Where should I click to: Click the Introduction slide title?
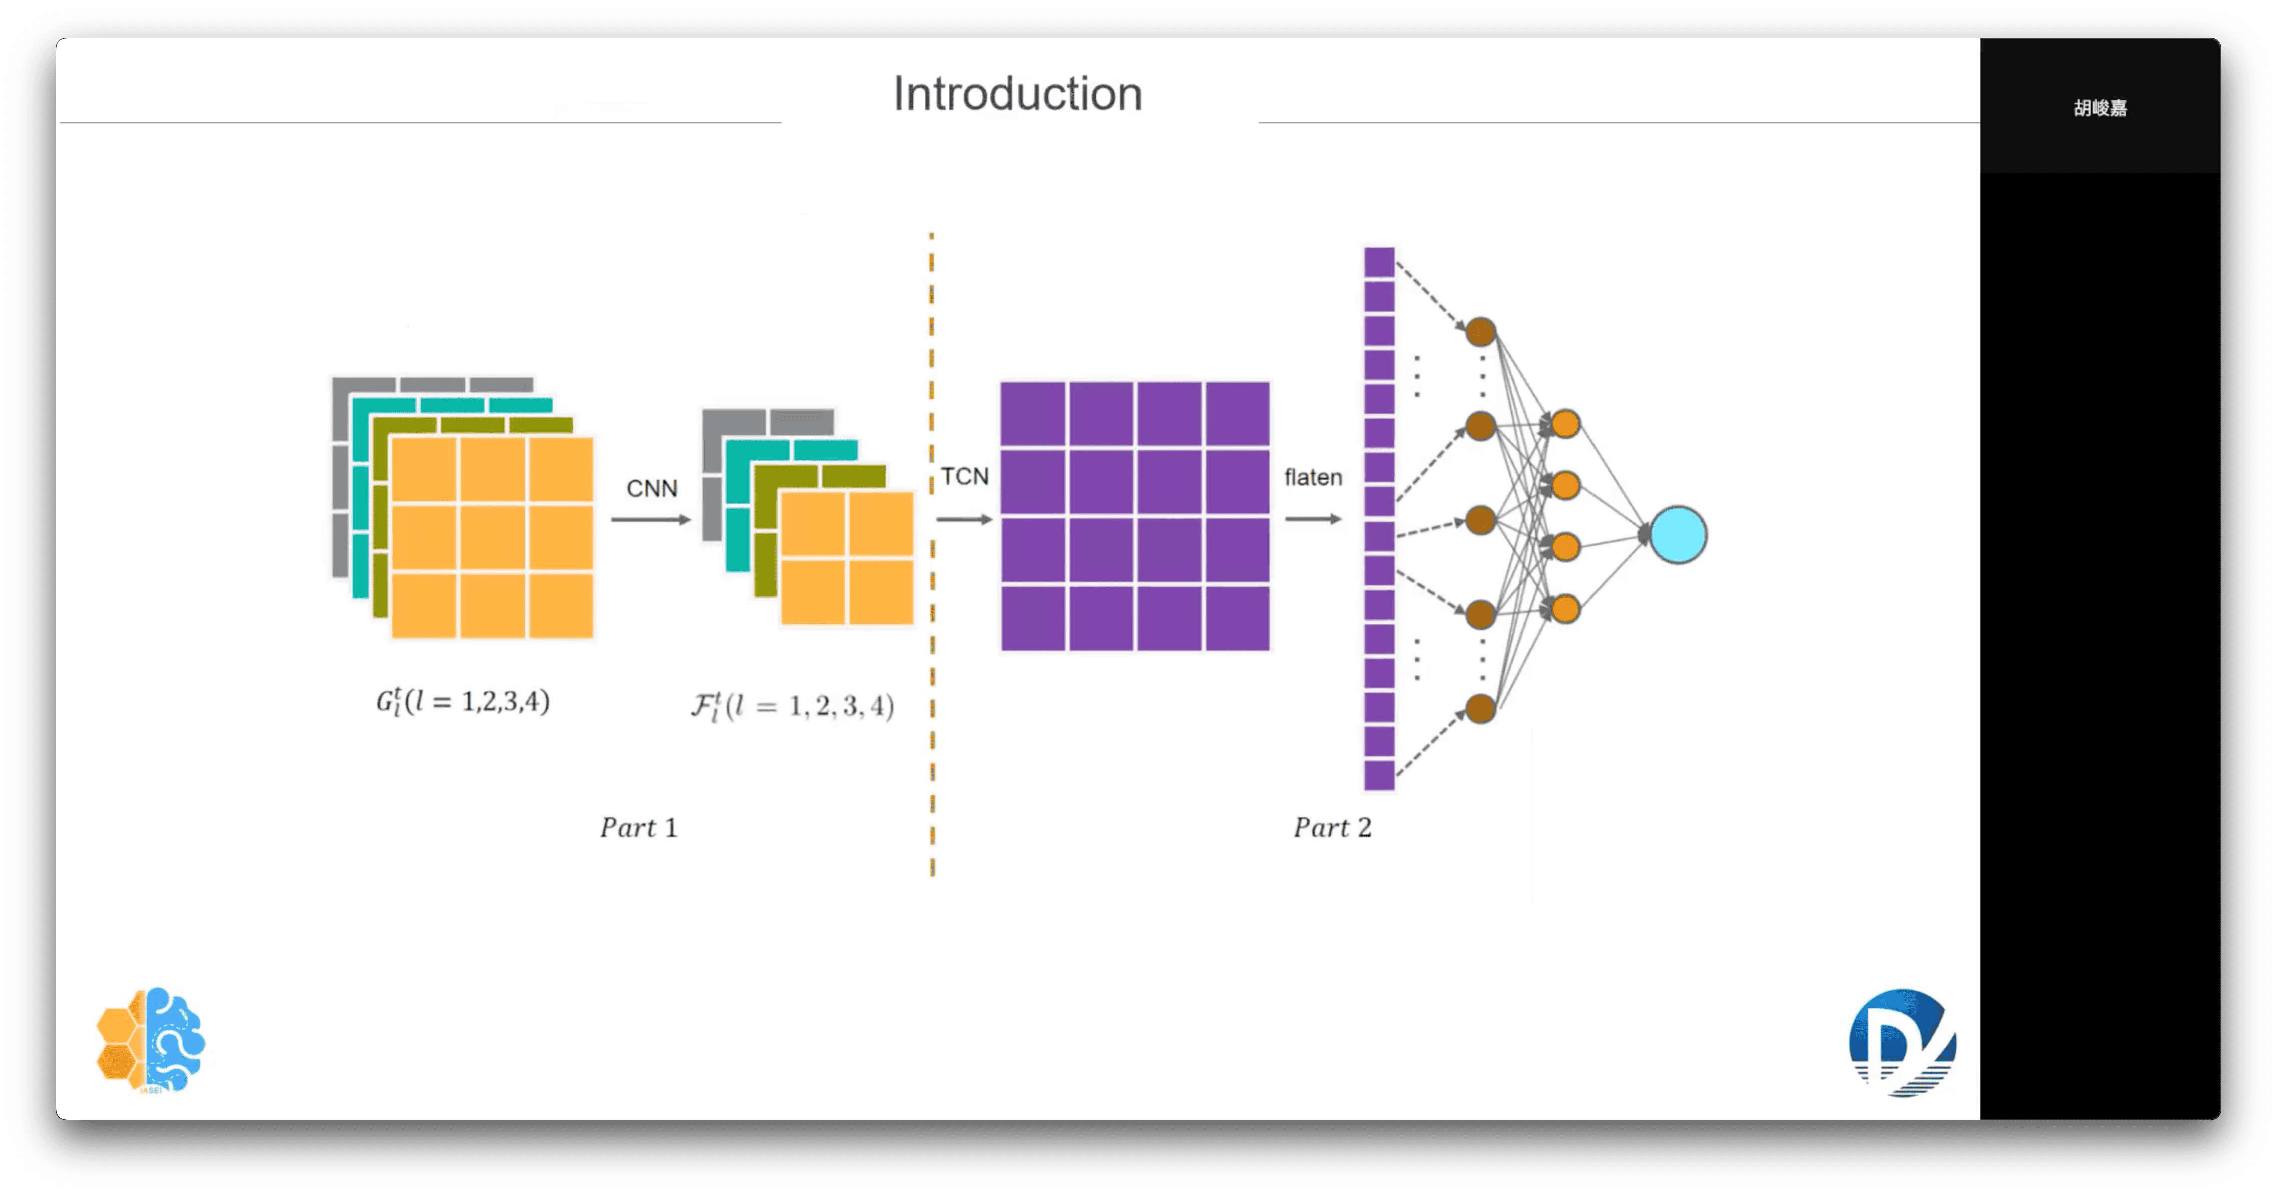pyautogui.click(x=1017, y=94)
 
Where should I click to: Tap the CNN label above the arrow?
pyautogui.click(x=651, y=489)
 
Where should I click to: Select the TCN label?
pyautogui.click(x=964, y=477)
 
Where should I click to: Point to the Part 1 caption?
pyautogui.click(x=638, y=828)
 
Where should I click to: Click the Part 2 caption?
pyautogui.click(x=1332, y=828)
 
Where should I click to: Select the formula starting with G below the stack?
pyautogui.click(x=463, y=702)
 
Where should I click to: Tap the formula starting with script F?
pyautogui.click(x=792, y=706)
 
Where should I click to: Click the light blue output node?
pyautogui.click(x=1678, y=535)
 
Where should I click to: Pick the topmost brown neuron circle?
pyautogui.click(x=1481, y=332)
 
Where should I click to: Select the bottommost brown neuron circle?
pyautogui.click(x=1481, y=708)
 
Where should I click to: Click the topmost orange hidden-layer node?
pyautogui.click(x=1565, y=423)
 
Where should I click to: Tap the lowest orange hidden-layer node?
pyautogui.click(x=1565, y=609)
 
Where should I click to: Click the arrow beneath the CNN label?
pyautogui.click(x=650, y=520)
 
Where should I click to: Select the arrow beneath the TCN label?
pyautogui.click(x=964, y=520)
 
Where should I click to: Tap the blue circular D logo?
pyautogui.click(x=1902, y=1043)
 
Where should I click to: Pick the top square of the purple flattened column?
pyautogui.click(x=1379, y=262)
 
